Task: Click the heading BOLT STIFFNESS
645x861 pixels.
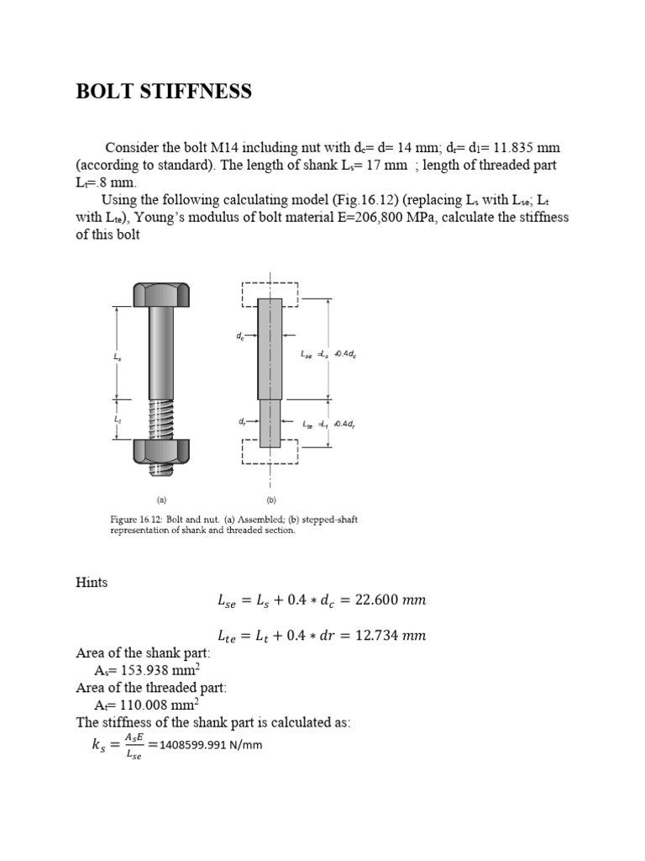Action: [164, 92]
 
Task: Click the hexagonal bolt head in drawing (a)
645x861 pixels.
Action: [161, 295]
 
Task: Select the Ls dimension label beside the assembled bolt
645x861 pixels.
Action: [117, 357]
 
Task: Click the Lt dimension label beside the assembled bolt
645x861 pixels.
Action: [117, 418]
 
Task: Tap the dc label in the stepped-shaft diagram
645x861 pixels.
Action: [240, 336]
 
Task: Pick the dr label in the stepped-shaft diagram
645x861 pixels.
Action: [242, 422]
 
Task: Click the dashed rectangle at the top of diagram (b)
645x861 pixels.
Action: [270, 294]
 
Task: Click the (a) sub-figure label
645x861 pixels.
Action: [161, 499]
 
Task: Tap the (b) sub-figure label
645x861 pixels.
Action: [271, 499]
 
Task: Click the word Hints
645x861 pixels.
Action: [92, 582]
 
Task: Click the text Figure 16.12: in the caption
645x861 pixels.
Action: [137, 520]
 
